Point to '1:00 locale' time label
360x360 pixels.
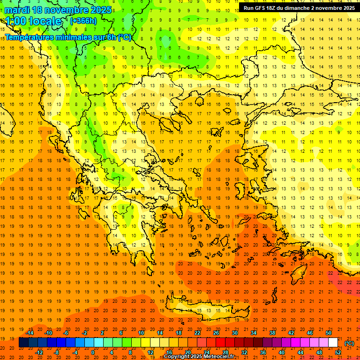[33, 21]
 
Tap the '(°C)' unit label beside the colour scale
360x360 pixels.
[349, 343]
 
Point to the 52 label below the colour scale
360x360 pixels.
[337, 352]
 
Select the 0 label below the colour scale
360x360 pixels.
[93, 352]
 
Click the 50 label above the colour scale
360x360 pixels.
[328, 333]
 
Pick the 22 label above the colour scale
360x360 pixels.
[197, 333]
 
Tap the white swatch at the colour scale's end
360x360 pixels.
[333, 343]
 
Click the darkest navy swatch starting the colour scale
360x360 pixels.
[23, 343]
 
